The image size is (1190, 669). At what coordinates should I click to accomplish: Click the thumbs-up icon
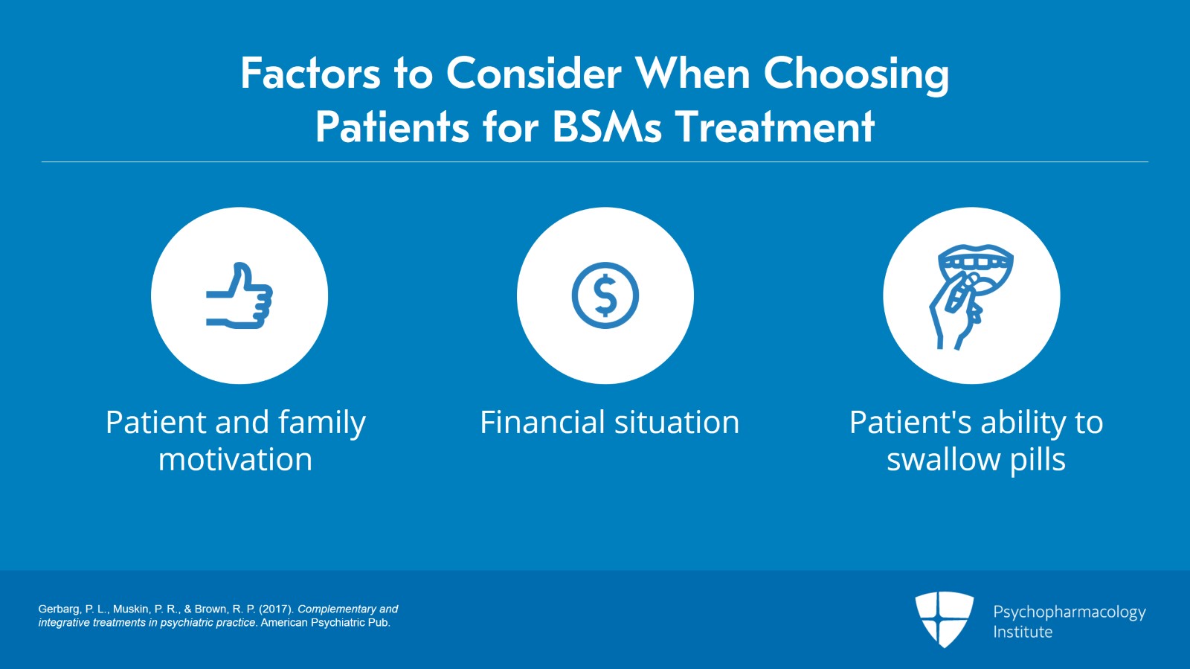click(239, 296)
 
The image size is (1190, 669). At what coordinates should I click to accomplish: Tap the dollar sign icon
click(605, 295)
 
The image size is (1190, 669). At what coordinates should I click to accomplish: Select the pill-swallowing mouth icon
click(971, 296)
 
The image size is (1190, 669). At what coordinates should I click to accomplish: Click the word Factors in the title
click(310, 74)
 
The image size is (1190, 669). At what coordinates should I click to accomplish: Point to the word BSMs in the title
click(607, 127)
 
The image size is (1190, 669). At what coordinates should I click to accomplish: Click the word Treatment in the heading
click(774, 127)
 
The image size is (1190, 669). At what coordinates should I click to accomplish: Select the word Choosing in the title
click(856, 74)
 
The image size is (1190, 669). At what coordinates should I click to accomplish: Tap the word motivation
click(235, 460)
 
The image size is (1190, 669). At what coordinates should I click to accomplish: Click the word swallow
click(943, 460)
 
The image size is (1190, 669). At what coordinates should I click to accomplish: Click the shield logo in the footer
click(944, 618)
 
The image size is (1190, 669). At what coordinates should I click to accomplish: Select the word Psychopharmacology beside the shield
click(1069, 612)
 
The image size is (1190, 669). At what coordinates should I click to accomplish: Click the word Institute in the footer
click(1023, 632)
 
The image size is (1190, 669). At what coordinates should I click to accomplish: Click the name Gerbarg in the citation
click(58, 609)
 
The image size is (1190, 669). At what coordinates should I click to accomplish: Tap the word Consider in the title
click(533, 74)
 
